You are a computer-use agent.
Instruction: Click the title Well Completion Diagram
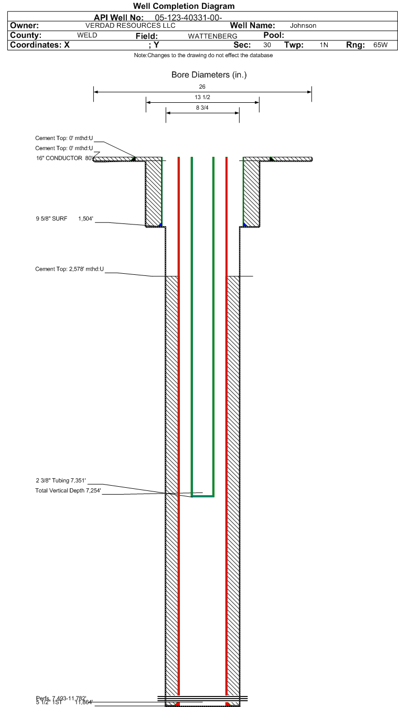click(x=184, y=6)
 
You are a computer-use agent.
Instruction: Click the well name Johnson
click(x=303, y=26)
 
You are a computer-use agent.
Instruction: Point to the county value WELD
click(x=87, y=35)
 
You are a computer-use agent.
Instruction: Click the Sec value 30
click(x=267, y=45)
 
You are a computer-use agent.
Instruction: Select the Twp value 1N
click(x=324, y=45)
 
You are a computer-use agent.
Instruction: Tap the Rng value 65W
click(x=380, y=45)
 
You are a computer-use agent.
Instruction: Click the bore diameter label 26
click(x=202, y=87)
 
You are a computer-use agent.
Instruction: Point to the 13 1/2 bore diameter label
click(x=202, y=98)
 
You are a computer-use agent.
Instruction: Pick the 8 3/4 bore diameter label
click(x=202, y=108)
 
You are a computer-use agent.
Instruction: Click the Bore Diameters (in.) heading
click(x=209, y=75)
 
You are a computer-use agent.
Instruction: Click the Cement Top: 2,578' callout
click(x=69, y=269)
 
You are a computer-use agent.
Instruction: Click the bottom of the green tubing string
click(x=202, y=495)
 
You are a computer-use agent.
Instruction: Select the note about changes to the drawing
click(x=203, y=55)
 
